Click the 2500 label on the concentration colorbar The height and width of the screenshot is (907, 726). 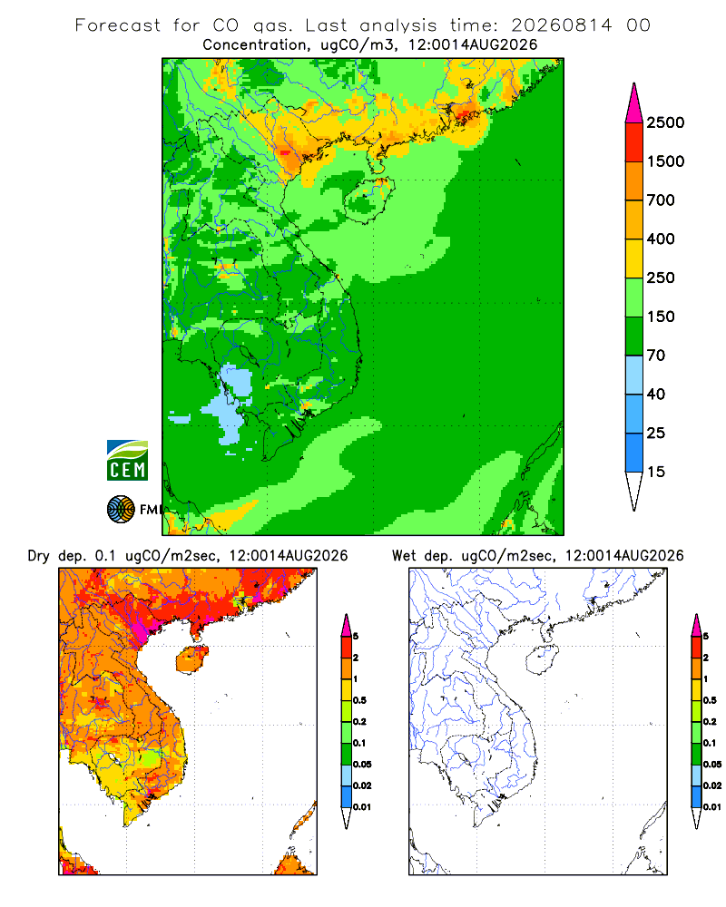click(665, 122)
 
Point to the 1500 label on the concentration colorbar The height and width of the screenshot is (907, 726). click(665, 161)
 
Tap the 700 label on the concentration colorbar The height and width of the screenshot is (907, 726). click(661, 200)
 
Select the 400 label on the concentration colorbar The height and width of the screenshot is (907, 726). click(661, 239)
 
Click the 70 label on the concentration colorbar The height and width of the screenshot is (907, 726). click(656, 356)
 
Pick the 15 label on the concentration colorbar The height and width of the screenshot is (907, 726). click(656, 472)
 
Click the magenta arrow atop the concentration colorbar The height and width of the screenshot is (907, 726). click(634, 103)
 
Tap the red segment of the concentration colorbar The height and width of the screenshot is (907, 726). click(634, 142)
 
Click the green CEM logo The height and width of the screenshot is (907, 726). click(127, 461)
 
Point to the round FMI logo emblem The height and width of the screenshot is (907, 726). click(121, 510)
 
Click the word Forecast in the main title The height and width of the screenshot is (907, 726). click(118, 25)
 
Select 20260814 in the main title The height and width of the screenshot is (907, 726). click(561, 25)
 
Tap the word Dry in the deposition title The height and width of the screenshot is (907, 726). click(39, 556)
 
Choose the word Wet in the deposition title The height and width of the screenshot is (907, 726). click(404, 556)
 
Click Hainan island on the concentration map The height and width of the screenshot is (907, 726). click(369, 200)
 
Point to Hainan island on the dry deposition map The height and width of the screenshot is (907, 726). click(192, 659)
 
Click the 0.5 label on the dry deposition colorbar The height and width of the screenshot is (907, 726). click(359, 700)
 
